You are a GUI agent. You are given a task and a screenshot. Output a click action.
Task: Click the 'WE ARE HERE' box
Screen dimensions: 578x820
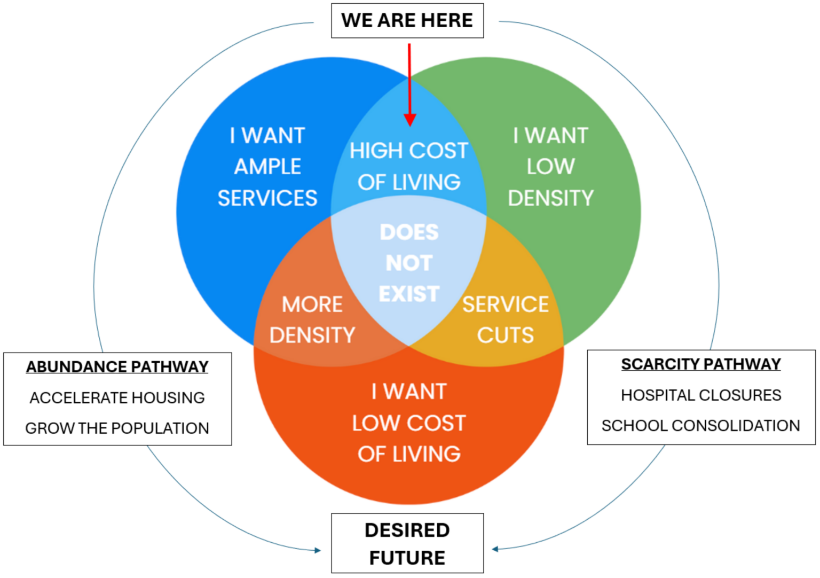coord(407,21)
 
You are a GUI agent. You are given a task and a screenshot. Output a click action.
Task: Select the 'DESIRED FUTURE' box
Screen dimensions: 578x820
coord(407,543)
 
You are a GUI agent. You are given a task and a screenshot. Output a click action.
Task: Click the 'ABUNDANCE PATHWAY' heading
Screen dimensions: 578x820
coord(117,367)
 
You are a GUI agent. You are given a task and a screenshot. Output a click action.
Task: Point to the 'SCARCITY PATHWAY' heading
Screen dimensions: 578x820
coord(701,364)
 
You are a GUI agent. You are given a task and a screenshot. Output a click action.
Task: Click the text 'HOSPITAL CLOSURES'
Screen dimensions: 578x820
coord(701,395)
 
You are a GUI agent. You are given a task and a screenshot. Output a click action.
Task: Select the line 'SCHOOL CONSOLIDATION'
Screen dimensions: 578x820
coord(700,426)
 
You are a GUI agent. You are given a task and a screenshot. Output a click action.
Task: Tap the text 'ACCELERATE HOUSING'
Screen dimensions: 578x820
coord(117,398)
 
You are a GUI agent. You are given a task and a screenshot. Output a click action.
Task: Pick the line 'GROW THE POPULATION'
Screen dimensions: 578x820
coord(117,428)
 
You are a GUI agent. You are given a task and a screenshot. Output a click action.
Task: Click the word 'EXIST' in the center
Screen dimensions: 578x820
coord(409,294)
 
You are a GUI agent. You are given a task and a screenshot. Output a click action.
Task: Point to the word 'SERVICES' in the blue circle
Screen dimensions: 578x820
coord(267,198)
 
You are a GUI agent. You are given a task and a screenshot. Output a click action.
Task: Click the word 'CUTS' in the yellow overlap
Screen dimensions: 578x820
coord(505,335)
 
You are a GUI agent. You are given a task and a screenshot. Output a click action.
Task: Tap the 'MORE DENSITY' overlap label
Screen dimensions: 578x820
coord(312,320)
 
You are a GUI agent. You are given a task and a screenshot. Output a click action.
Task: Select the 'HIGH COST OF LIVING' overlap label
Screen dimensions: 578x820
coord(409,166)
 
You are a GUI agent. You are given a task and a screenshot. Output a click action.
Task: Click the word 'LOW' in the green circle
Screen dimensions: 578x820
coord(550,167)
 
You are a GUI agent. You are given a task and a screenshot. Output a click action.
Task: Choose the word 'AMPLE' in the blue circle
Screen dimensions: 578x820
coord(267,167)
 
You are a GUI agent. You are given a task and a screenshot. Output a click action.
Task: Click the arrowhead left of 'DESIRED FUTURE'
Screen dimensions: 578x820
coord(318,550)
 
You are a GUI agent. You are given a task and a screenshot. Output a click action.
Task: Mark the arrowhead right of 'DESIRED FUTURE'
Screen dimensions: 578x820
coord(495,549)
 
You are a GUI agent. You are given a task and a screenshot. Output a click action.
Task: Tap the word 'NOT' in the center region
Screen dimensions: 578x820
coord(409,263)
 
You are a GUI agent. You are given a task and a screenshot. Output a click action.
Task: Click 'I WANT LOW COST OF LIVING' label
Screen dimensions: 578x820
coord(409,423)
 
